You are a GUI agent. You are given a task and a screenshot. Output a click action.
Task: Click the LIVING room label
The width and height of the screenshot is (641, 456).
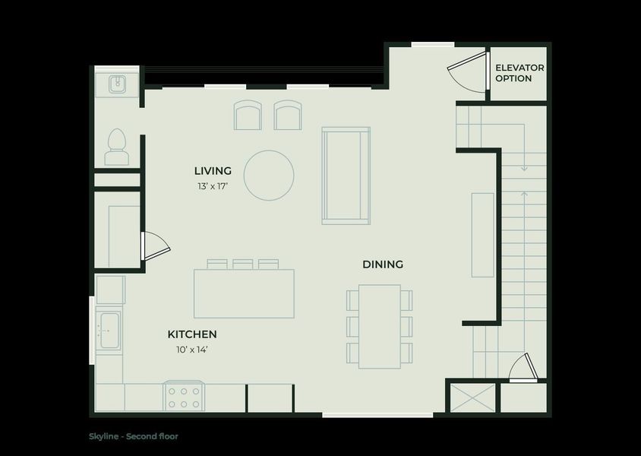tap(213, 170)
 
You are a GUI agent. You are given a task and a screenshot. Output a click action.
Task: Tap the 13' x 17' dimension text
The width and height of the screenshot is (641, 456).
tap(212, 186)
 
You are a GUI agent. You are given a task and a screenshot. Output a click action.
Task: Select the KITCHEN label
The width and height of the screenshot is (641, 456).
tap(192, 334)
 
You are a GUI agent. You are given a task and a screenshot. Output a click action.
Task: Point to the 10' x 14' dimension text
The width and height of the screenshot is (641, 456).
tap(192, 350)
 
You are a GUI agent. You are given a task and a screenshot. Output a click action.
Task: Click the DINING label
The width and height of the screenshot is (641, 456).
tap(383, 264)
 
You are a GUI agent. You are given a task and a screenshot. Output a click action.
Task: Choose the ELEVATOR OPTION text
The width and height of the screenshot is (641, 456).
tap(519, 73)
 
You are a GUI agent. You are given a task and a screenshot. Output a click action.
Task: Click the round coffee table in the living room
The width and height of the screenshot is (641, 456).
tap(269, 175)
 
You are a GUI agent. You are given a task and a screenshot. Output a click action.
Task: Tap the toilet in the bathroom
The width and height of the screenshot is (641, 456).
tap(117, 147)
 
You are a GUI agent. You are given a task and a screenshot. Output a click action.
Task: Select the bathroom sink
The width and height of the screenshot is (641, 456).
tap(118, 84)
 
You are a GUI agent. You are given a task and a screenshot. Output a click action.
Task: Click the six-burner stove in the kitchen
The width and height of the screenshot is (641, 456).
tap(184, 396)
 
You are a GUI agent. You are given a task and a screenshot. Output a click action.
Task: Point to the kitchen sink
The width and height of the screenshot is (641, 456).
tap(109, 331)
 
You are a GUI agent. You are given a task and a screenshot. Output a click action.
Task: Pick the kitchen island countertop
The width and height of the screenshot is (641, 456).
tap(244, 293)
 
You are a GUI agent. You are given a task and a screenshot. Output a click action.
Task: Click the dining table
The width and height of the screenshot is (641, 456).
tap(380, 326)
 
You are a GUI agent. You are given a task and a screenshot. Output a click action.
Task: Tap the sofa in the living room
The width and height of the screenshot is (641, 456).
tap(346, 176)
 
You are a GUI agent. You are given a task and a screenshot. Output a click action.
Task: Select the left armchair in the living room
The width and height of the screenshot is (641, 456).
tap(248, 115)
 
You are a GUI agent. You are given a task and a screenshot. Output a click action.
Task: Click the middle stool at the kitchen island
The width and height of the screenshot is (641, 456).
tap(243, 264)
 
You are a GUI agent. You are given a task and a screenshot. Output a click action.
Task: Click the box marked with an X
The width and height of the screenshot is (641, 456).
tap(473, 397)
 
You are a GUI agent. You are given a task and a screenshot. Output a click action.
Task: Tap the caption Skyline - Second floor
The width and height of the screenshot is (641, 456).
tap(134, 436)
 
